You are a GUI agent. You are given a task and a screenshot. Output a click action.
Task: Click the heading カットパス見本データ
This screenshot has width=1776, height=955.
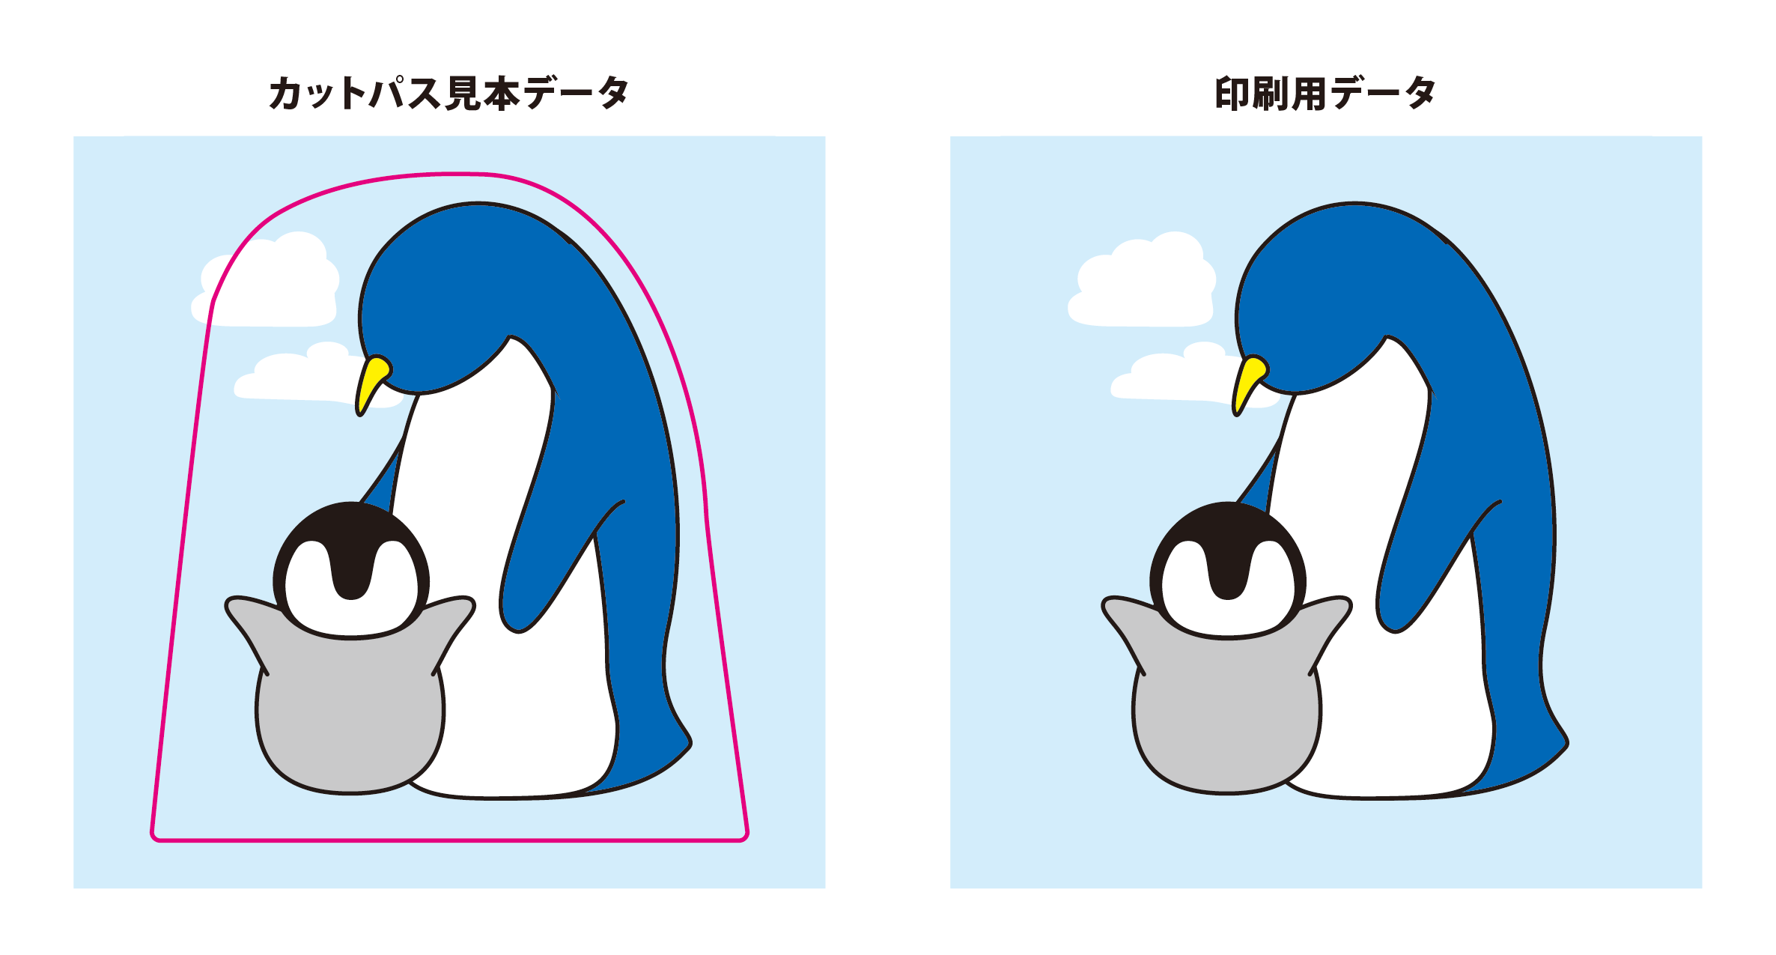(x=448, y=93)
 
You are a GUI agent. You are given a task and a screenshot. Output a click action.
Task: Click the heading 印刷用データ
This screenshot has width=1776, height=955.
(x=1325, y=93)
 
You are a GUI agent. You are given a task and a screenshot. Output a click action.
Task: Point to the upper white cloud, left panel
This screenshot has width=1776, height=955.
(x=266, y=285)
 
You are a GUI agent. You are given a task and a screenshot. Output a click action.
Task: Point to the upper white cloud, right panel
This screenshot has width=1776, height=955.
(x=1143, y=285)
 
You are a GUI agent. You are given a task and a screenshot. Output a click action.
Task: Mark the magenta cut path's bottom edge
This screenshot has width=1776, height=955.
(x=450, y=840)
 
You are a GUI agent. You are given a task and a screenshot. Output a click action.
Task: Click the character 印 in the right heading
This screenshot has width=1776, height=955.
(x=1233, y=94)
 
